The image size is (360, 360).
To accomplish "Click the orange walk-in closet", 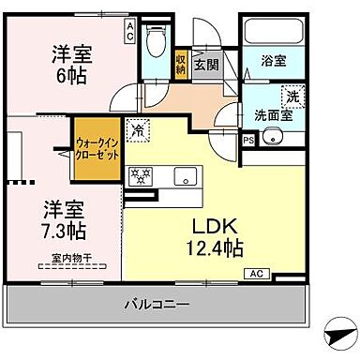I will pos(98,150).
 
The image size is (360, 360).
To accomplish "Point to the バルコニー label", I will pos(157,304).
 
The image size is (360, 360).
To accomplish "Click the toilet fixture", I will pos(157,41).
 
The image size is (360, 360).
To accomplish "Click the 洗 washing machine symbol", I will pos(292,96).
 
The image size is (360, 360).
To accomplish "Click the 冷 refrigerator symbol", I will pos(139,132).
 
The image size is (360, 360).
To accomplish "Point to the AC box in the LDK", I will pos(255,273).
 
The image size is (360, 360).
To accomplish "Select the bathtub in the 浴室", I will pos(273,33).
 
